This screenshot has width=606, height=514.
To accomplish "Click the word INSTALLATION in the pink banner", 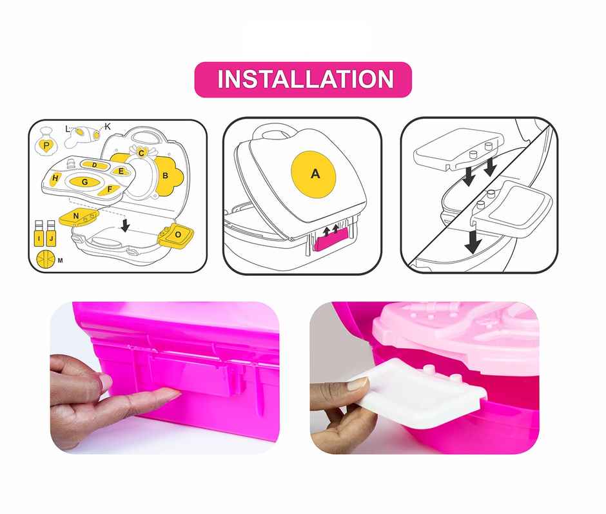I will [x=305, y=79].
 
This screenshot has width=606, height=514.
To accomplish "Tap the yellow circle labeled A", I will [x=315, y=173].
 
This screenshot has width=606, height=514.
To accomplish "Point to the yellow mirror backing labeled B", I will [x=165, y=175].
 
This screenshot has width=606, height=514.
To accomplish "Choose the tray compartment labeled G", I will [x=84, y=182].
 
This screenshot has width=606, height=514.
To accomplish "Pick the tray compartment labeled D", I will [x=95, y=165].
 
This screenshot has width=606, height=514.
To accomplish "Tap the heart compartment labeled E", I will [x=120, y=171].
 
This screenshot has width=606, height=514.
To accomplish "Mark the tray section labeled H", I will [x=56, y=178].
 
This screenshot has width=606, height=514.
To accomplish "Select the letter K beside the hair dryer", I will [x=108, y=127].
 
